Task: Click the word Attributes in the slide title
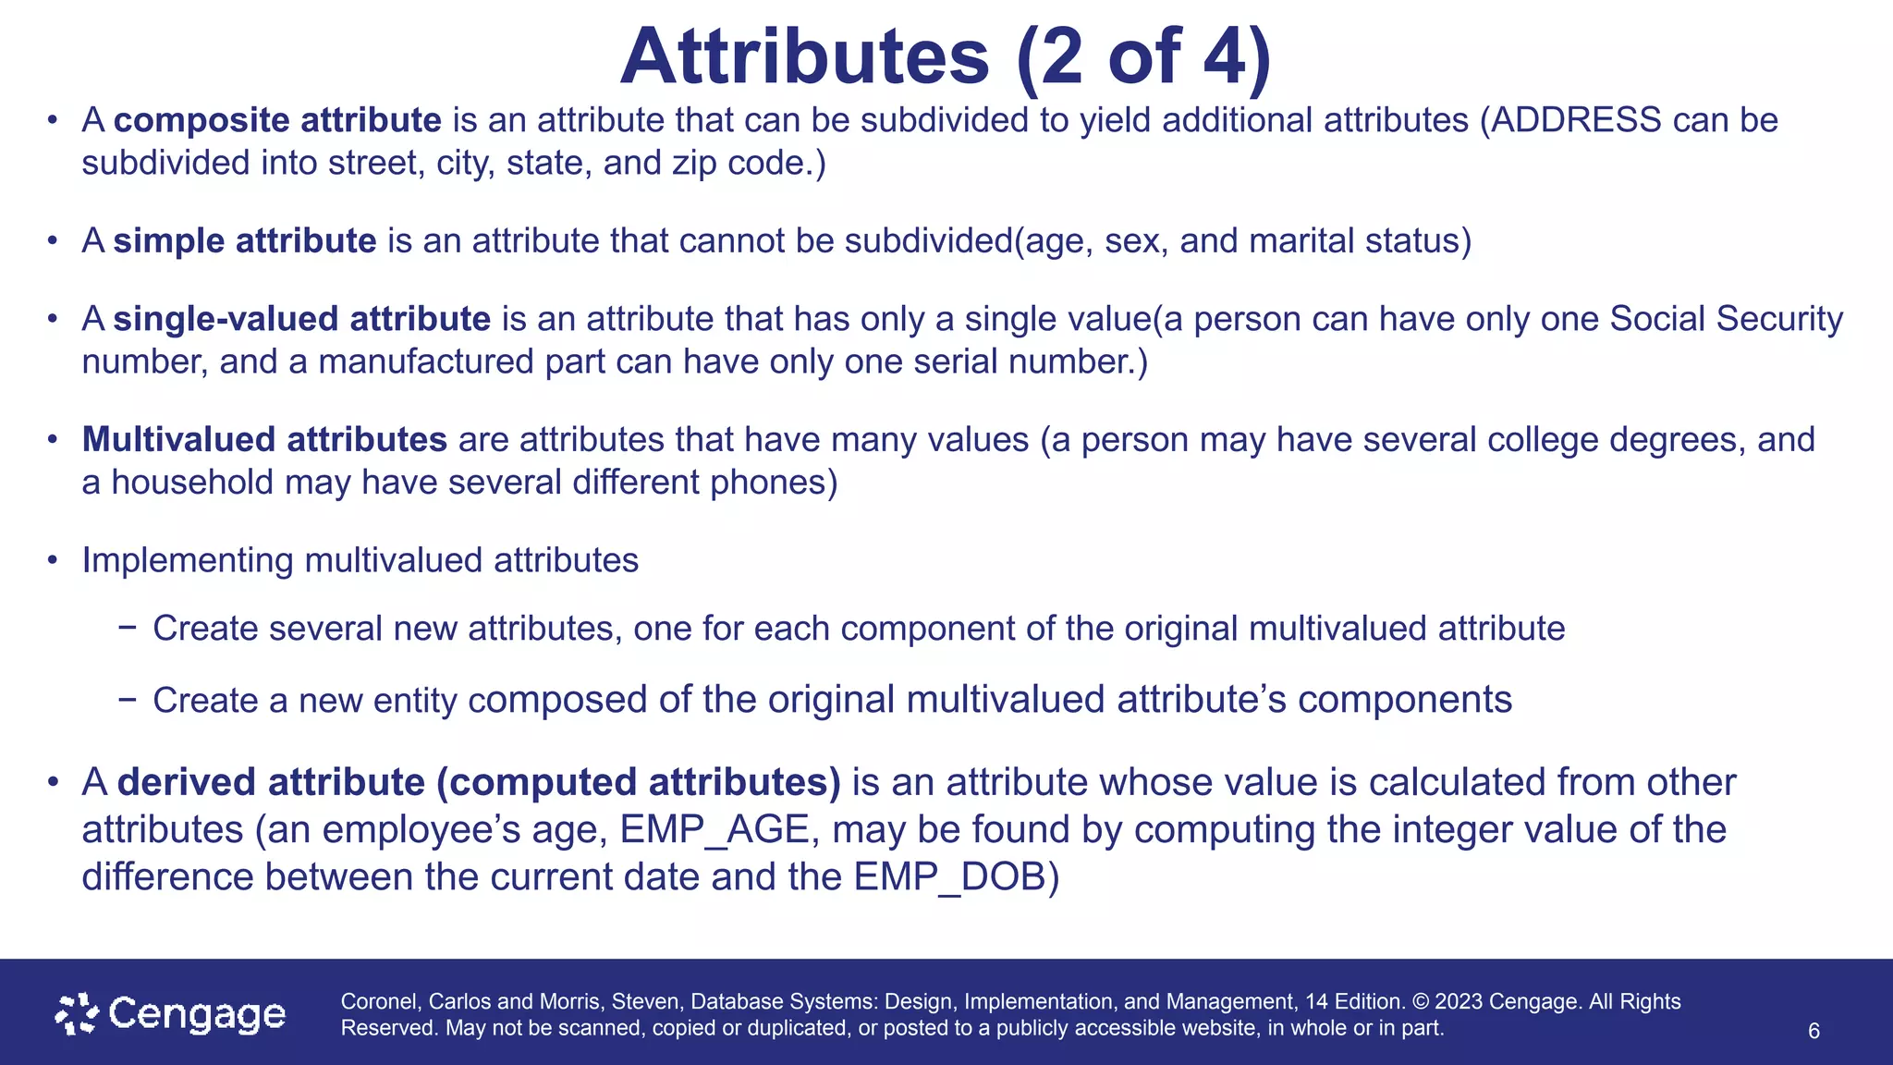804,57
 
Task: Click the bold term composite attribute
277,120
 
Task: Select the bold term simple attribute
245,240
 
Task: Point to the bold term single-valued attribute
301,319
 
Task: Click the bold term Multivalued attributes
264,439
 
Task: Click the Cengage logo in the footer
171,1014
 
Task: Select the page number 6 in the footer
1814,1031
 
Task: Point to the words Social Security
1726,319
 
